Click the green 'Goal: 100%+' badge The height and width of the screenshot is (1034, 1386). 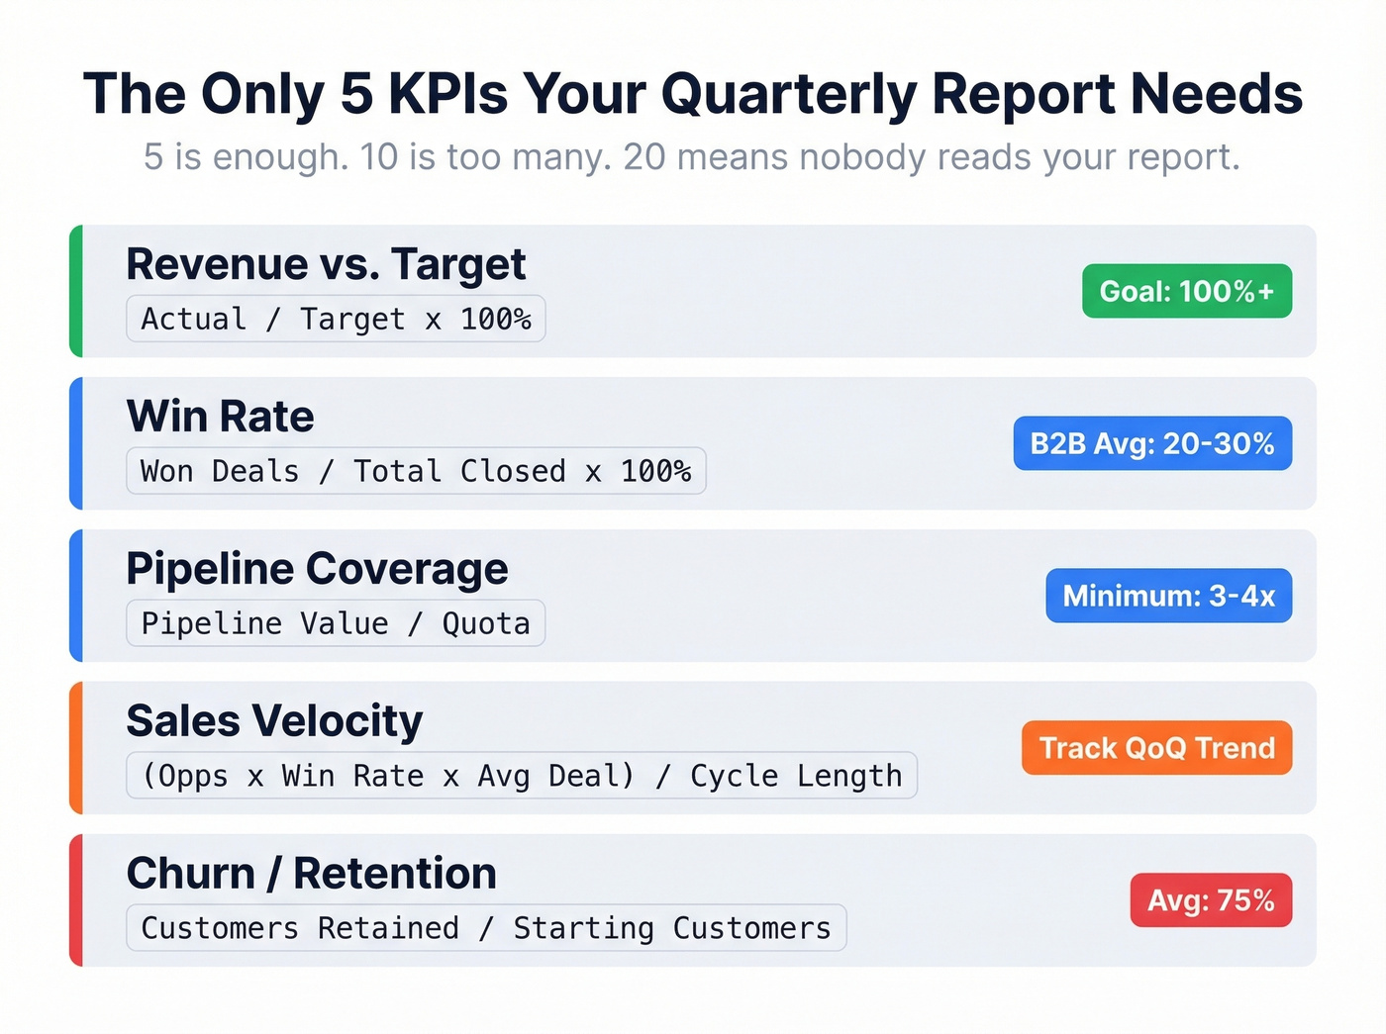coord(1186,291)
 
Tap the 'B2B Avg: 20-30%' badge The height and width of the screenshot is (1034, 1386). coord(1152,443)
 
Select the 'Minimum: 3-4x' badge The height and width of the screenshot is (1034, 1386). coord(1168,596)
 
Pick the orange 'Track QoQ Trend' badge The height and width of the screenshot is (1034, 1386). coord(1156,748)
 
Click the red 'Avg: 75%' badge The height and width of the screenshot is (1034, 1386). coord(1211,900)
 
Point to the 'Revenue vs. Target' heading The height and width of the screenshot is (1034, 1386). coord(326,264)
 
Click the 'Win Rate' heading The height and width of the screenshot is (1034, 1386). coord(220,417)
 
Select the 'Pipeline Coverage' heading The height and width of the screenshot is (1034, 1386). coord(317,569)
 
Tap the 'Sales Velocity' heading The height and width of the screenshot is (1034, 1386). coord(274,721)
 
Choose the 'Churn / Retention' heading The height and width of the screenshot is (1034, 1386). coord(311,874)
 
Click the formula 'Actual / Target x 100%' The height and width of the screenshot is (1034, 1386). coord(336,319)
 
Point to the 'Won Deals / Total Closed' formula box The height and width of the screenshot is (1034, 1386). coord(416,471)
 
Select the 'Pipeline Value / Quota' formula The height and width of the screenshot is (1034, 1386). coord(336,623)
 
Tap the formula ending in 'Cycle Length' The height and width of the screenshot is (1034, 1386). coord(522,776)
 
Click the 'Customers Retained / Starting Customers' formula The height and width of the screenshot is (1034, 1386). coord(486,928)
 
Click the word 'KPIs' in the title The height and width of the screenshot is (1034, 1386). coord(447,95)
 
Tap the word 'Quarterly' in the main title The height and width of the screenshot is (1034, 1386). coord(789,95)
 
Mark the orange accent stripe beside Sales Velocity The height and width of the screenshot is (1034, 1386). coord(76,748)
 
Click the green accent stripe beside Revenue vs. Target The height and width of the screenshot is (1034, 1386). coord(76,291)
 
